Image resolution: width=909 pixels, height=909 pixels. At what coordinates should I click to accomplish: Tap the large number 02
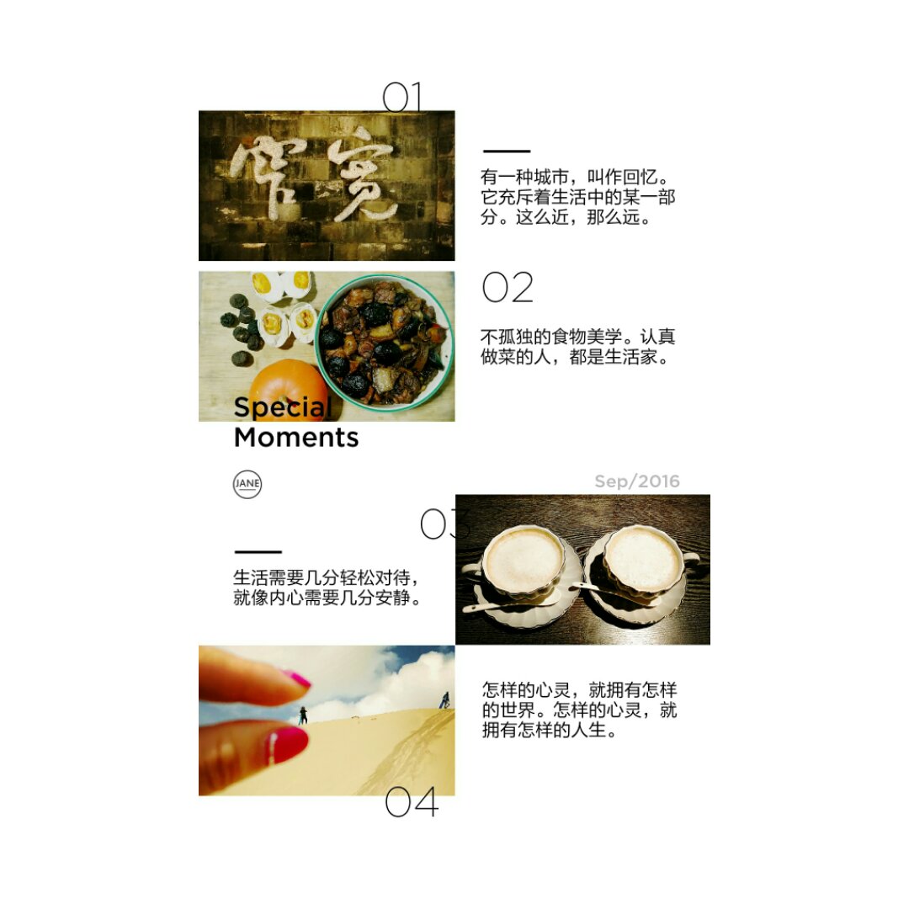508,288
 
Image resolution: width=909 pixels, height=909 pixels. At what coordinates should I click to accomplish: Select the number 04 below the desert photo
412,802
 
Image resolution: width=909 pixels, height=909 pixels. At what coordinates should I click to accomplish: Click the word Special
282,407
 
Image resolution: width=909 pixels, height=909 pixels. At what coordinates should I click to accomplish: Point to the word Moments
296,437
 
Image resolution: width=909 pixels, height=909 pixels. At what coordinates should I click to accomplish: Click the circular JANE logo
247,483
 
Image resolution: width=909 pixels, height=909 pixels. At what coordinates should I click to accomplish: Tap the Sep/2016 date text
637,481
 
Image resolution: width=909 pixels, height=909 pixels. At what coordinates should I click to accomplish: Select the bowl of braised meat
385,342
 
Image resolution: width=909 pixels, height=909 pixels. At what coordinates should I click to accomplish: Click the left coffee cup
522,562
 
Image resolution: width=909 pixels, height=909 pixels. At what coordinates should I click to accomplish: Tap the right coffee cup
644,561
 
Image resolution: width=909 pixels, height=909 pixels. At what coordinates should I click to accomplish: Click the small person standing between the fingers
303,715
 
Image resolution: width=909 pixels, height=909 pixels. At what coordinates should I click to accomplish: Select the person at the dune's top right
444,699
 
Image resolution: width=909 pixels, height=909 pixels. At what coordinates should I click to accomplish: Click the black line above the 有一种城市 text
507,151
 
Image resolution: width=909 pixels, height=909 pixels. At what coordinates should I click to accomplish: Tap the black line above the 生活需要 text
258,552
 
